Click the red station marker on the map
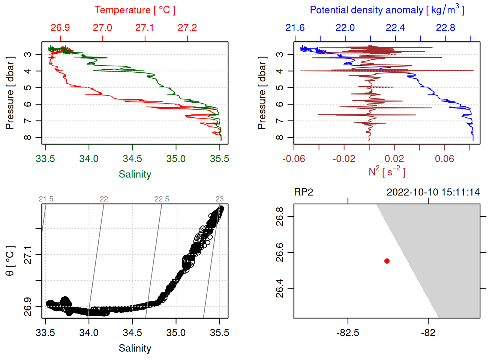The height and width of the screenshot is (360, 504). (x=387, y=261)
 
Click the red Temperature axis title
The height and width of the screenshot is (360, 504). (x=135, y=10)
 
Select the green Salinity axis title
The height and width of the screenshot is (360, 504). (x=135, y=174)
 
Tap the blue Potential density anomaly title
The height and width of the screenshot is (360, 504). (x=387, y=10)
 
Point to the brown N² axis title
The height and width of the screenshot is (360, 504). (x=387, y=171)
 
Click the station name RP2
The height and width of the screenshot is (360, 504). (x=303, y=192)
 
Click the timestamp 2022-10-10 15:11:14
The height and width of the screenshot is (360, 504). (x=433, y=192)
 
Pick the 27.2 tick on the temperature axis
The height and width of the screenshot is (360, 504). (x=187, y=28)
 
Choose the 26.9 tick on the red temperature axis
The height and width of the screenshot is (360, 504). (x=60, y=28)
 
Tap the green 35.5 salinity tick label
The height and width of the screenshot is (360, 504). (x=219, y=159)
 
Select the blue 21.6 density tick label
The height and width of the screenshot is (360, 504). (x=295, y=28)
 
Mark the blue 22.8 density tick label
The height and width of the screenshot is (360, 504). (x=445, y=28)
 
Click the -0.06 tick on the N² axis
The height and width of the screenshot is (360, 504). (x=294, y=159)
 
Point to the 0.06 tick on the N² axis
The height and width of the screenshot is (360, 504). (x=444, y=159)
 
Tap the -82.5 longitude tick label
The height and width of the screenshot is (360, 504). (x=348, y=333)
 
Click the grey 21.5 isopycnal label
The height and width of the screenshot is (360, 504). (x=46, y=199)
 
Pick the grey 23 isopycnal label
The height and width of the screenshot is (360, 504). (x=219, y=199)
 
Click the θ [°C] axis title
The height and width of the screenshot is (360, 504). (x=10, y=261)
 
